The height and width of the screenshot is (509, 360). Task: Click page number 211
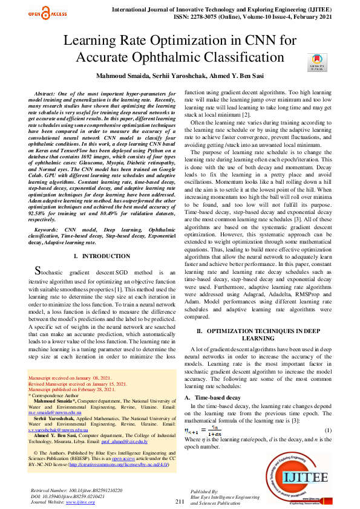point(180,502)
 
